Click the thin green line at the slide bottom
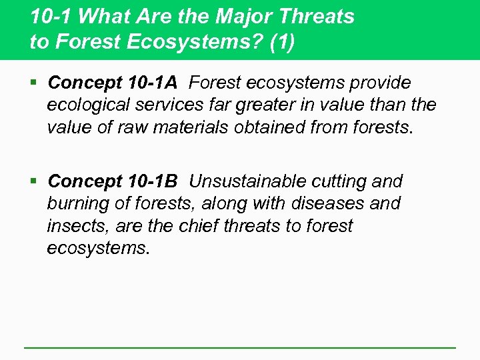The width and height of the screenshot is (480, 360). click(x=240, y=347)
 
